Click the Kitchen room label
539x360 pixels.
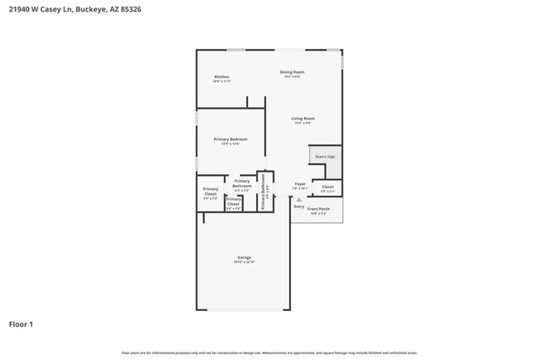(x=221, y=77)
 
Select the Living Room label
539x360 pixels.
(x=303, y=119)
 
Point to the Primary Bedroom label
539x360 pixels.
(x=231, y=139)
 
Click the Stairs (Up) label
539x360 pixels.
(x=325, y=156)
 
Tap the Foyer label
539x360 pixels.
(x=300, y=184)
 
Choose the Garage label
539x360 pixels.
(x=245, y=257)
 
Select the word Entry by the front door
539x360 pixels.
(x=299, y=207)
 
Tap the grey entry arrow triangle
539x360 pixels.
(x=299, y=200)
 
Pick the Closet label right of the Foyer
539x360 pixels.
(x=328, y=187)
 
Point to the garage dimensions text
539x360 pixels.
(x=245, y=262)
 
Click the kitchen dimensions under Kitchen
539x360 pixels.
(x=221, y=81)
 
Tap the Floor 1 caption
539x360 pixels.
(x=21, y=324)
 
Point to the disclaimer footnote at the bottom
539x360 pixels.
(x=269, y=353)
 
